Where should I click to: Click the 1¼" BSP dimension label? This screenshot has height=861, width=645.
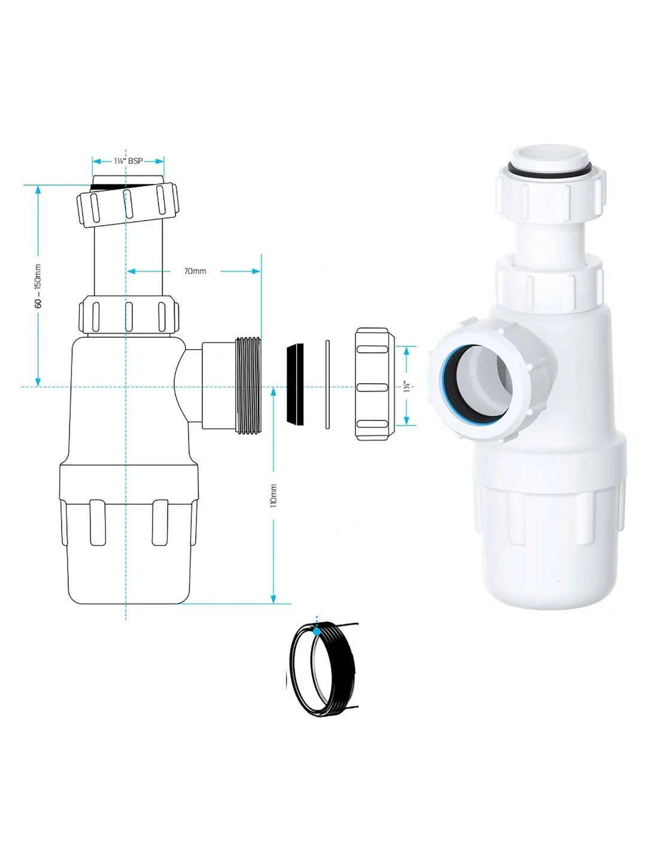[x=128, y=161]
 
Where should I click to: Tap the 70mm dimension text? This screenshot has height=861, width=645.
[x=195, y=271]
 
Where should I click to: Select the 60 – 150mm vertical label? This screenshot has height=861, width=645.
[x=38, y=286]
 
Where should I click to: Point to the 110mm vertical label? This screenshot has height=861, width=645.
[x=273, y=496]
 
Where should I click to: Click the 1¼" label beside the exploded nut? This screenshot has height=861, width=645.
[x=407, y=386]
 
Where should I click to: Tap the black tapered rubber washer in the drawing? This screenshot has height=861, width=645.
[x=295, y=384]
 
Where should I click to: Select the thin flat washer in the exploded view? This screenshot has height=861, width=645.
[x=328, y=384]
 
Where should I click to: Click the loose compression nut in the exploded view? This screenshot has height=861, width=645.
[x=375, y=384]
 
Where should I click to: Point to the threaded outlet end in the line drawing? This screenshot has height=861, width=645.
[x=248, y=384]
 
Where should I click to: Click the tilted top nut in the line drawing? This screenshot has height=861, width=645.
[x=128, y=205]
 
